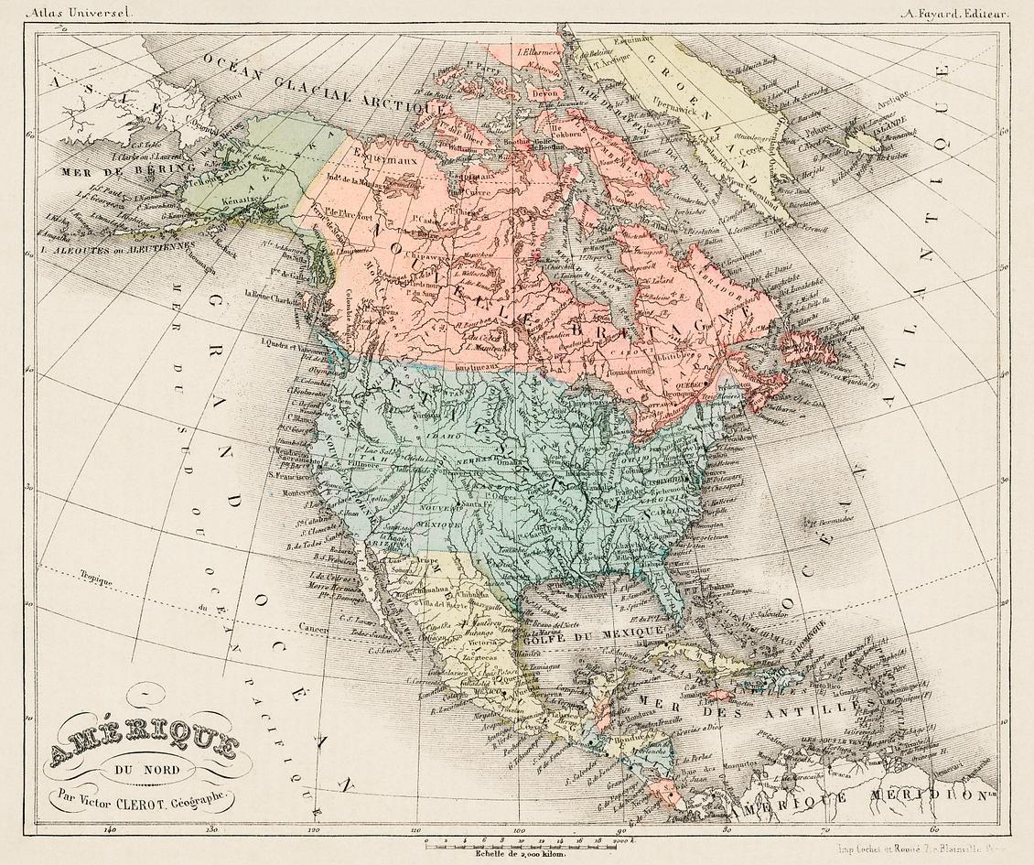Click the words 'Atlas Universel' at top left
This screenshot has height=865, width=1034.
pyautogui.click(x=69, y=12)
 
